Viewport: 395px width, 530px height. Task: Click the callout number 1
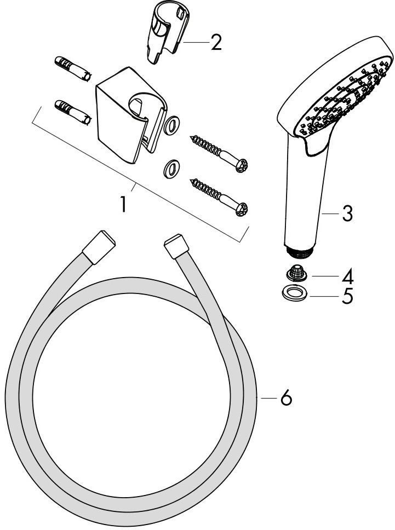[124, 204]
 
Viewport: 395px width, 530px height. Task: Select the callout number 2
[216, 42]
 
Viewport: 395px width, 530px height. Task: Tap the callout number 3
[347, 214]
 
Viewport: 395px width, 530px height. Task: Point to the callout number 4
[347, 276]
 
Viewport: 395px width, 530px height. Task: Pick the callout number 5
[347, 296]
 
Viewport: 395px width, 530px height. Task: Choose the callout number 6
[286, 398]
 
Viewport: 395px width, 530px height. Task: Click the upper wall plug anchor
[73, 68]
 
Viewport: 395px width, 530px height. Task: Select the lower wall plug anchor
[73, 112]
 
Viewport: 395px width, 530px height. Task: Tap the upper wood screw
[219, 153]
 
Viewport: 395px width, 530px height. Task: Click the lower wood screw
[219, 197]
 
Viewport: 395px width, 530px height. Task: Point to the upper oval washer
[171, 125]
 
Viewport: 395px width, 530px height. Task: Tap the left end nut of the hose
[99, 247]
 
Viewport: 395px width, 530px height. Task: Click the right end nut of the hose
[177, 246]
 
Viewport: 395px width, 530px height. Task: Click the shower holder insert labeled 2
[167, 32]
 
